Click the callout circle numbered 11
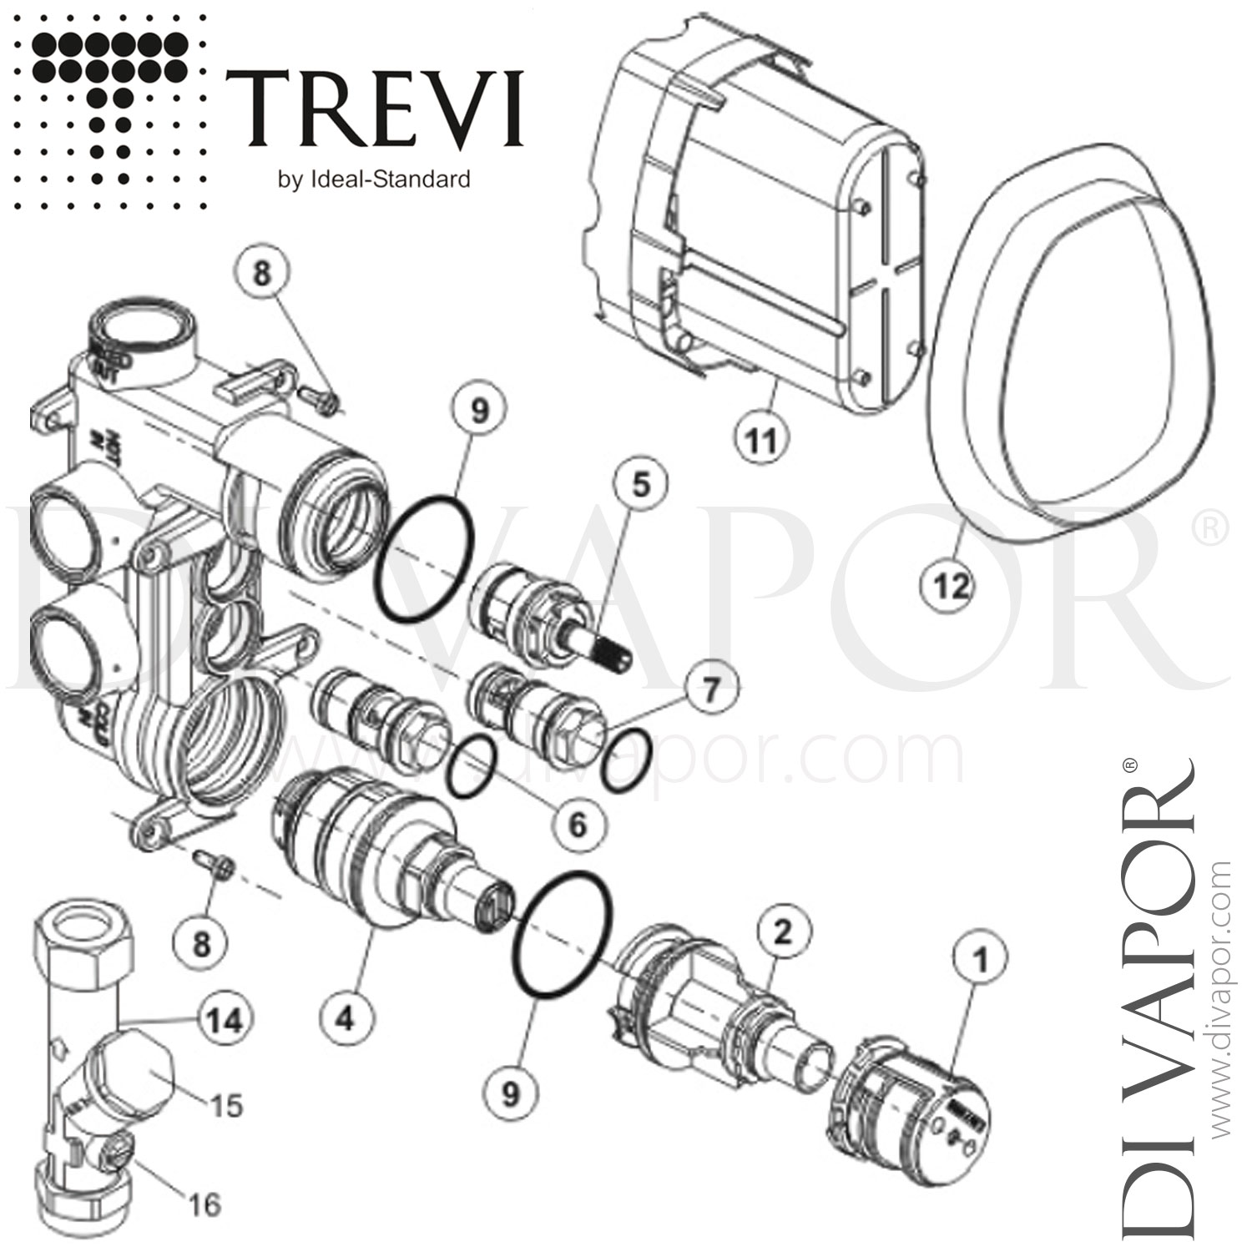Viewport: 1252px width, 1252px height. [760, 440]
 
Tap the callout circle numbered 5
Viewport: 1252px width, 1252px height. [639, 486]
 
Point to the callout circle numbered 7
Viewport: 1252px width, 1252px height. [708, 689]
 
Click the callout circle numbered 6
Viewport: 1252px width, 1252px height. [578, 825]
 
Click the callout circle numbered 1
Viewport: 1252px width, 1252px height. [980, 960]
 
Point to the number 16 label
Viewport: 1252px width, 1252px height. [203, 1204]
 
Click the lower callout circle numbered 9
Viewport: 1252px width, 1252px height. [511, 1093]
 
